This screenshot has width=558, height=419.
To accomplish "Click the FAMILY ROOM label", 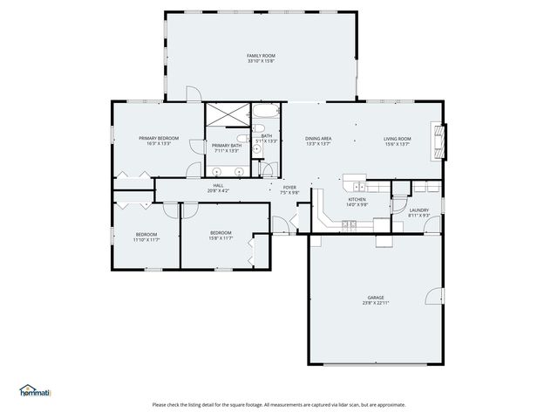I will tap(261, 55).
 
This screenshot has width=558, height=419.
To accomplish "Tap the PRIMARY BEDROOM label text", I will tap(159, 138).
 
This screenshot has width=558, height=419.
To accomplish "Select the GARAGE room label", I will tap(375, 298).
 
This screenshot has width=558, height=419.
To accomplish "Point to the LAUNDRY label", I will tap(418, 209).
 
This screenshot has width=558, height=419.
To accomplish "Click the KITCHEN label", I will tap(357, 199).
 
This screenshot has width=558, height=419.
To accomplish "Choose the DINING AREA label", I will tap(318, 138).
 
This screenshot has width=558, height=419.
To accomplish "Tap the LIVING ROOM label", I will tap(398, 138).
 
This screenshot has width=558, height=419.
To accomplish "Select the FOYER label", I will tap(289, 187).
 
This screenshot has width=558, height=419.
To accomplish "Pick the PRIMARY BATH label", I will tap(226, 145).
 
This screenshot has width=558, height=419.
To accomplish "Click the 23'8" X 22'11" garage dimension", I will tap(376, 303).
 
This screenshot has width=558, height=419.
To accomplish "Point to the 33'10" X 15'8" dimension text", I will tap(261, 61).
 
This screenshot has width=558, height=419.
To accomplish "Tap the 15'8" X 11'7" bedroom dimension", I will tap(220, 237).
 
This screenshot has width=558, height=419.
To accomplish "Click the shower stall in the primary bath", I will tap(226, 114).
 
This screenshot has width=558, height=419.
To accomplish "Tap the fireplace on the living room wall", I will tap(442, 143).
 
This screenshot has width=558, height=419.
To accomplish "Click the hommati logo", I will tap(35, 391).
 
